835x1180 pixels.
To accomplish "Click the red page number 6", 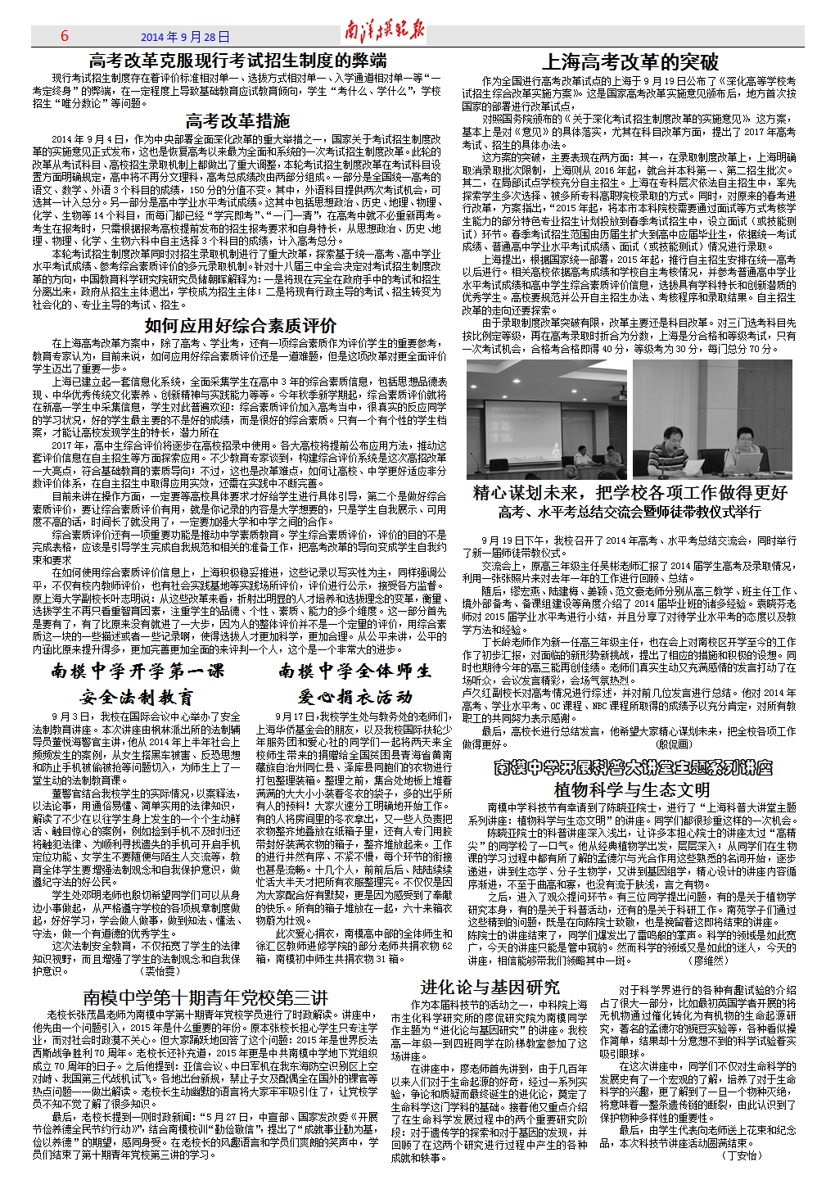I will tap(65, 37).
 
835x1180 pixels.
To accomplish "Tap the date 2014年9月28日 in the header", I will tap(186, 38).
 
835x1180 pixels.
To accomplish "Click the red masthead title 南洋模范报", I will tap(385, 34).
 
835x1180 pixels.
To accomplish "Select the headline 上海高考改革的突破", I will tap(630, 62).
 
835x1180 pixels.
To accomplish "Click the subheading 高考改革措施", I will tap(237, 121).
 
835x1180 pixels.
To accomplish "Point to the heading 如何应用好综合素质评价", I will tap(240, 325).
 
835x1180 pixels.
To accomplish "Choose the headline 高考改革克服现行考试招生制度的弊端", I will tap(237, 60).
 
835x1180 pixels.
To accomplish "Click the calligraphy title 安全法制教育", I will tap(137, 698).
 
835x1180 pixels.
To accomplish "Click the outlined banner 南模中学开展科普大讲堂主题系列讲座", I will tap(633, 768).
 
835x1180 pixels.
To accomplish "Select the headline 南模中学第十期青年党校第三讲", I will tap(205, 997).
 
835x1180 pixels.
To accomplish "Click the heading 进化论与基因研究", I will tap(490, 988).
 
